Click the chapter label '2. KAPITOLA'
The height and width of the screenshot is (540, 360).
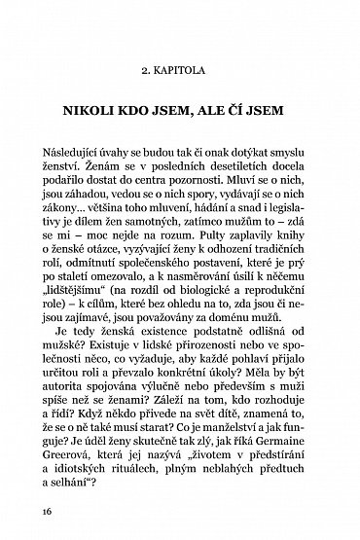[180, 70]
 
